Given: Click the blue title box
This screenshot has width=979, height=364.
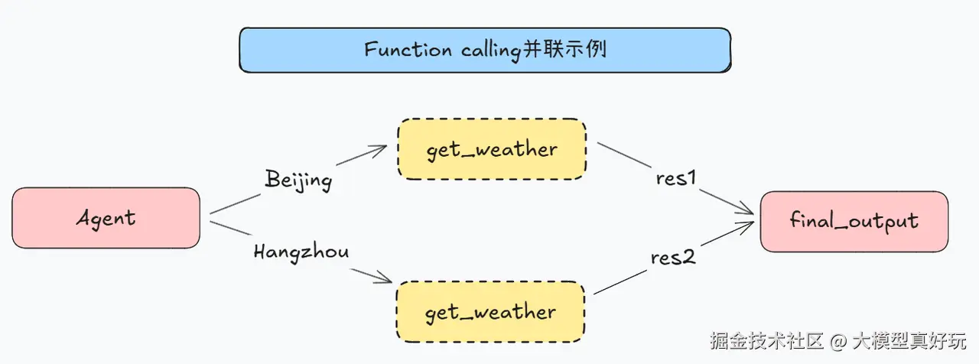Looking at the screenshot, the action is pyautogui.click(x=485, y=50).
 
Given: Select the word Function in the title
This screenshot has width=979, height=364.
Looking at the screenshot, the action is pyautogui.click(x=408, y=50).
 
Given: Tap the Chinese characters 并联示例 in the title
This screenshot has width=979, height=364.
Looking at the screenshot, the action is pyautogui.click(x=564, y=48).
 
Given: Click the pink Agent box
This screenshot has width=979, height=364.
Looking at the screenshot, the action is pyautogui.click(x=106, y=218).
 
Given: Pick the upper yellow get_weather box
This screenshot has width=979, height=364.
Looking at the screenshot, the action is pyautogui.click(x=492, y=149).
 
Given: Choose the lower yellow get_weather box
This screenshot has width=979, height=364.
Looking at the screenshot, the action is pyautogui.click(x=490, y=311).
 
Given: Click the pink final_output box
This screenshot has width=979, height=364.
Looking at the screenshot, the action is pyautogui.click(x=854, y=221).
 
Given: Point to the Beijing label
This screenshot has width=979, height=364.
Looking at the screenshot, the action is pyautogui.click(x=298, y=180).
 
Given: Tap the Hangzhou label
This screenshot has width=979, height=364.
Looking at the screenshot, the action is pyautogui.click(x=301, y=252).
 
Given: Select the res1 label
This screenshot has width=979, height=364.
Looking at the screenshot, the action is pyautogui.click(x=675, y=178).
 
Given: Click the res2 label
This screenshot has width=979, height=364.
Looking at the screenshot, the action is pyautogui.click(x=673, y=258).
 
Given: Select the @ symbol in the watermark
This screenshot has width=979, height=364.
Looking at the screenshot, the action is pyautogui.click(x=838, y=341).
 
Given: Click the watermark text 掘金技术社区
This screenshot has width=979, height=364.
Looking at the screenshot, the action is pyautogui.click(x=766, y=341).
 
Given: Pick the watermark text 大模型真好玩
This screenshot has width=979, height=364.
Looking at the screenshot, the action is pyautogui.click(x=909, y=341).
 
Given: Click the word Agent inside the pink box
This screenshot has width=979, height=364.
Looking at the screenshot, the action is pyautogui.click(x=106, y=218).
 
